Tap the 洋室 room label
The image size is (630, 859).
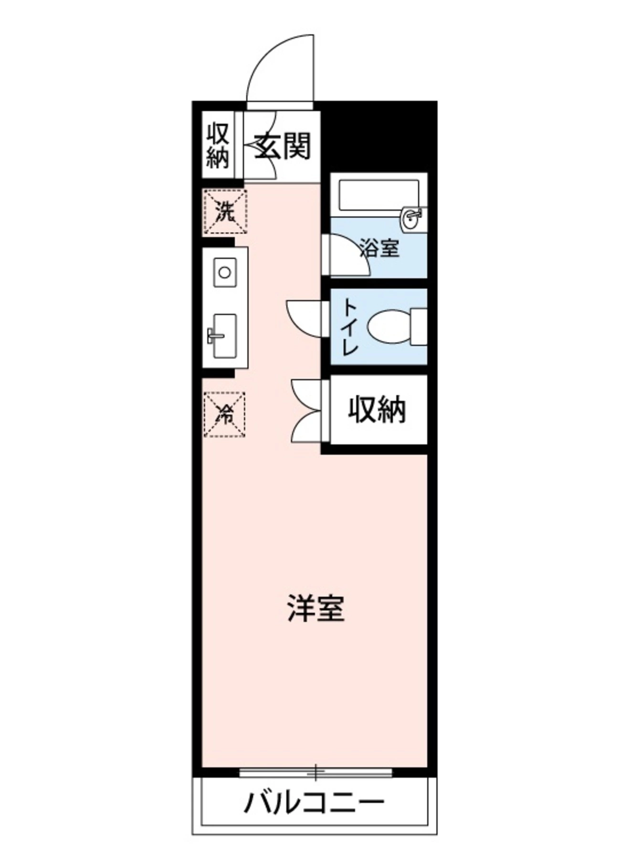click(315, 608)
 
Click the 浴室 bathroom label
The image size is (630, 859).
click(379, 248)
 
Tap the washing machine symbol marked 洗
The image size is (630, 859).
click(225, 212)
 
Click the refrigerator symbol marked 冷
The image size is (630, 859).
click(224, 414)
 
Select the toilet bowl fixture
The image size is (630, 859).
click(389, 327)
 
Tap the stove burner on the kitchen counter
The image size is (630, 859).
click(225, 272)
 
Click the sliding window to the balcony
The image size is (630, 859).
click(315, 772)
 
